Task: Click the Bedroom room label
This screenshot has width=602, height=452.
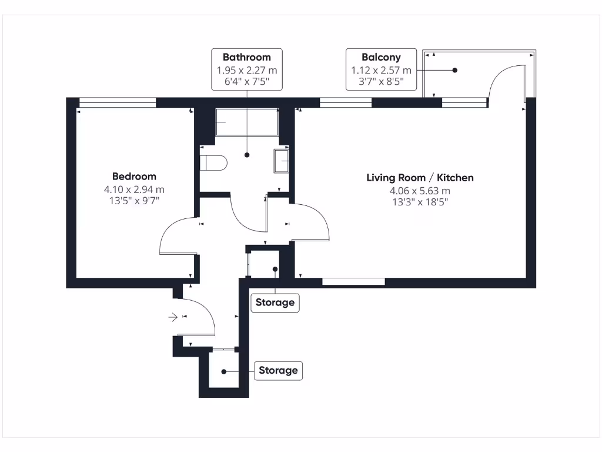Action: click(x=134, y=176)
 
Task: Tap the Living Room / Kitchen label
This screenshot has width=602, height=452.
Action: click(x=420, y=177)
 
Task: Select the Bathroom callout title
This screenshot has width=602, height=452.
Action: click(x=246, y=57)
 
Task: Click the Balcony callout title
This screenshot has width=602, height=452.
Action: click(x=381, y=57)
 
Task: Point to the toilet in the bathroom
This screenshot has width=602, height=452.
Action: click(x=213, y=162)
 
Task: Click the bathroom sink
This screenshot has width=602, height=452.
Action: click(x=281, y=161)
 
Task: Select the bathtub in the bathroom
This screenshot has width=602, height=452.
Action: click(x=247, y=122)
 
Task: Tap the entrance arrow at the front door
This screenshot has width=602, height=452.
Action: click(x=173, y=317)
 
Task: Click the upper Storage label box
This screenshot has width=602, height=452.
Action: click(x=275, y=303)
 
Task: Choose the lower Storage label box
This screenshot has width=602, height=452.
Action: click(x=278, y=371)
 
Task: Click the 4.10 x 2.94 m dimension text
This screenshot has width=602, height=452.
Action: click(x=134, y=190)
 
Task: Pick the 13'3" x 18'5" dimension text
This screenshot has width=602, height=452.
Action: click(x=420, y=202)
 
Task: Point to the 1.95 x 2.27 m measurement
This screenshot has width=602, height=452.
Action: click(x=246, y=70)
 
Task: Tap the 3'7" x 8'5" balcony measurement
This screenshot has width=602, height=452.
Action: click(x=381, y=82)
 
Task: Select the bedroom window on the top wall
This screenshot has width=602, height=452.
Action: click(x=118, y=103)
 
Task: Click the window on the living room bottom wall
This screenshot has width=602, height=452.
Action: click(x=353, y=282)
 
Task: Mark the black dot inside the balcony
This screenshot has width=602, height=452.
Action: click(x=454, y=70)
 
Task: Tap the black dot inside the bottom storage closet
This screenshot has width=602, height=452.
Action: click(x=224, y=371)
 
